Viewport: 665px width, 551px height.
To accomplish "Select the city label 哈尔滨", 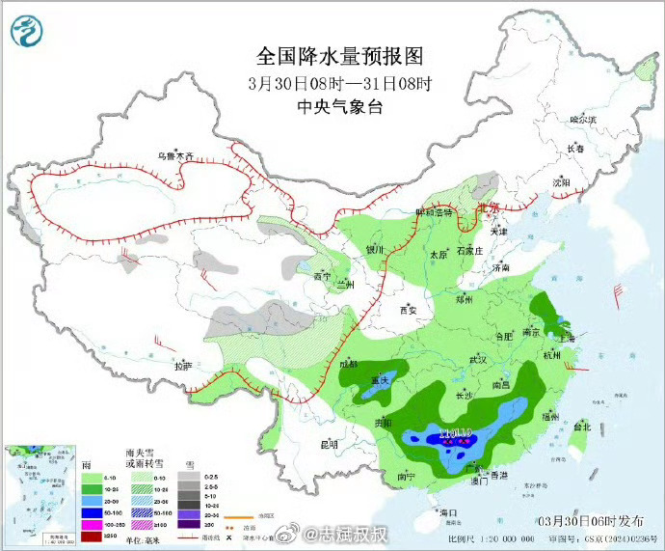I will (583, 120).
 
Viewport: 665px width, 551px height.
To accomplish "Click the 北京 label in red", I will (489, 207).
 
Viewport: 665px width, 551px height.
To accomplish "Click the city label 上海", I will (565, 339).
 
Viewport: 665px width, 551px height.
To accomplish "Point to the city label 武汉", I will (479, 359).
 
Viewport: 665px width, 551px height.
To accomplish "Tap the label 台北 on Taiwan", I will (582, 427).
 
